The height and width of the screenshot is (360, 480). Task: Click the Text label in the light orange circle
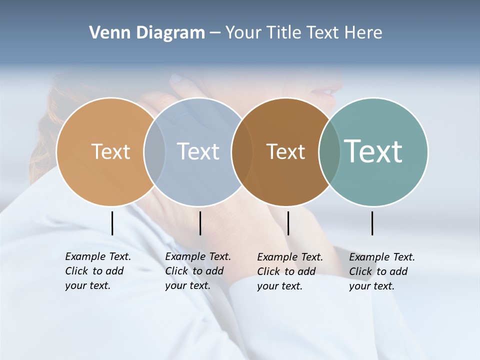click(x=110, y=151)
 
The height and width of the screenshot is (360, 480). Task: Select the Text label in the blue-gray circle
click(x=198, y=151)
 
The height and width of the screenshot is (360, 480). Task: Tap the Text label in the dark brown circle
click(x=285, y=151)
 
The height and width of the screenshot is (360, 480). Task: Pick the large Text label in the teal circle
click(x=373, y=151)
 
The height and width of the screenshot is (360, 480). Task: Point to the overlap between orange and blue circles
click(x=154, y=151)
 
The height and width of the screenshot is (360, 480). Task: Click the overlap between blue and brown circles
click(x=242, y=151)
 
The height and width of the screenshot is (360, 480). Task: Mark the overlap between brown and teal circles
click(x=329, y=151)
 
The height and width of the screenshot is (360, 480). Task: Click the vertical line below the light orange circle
click(x=112, y=223)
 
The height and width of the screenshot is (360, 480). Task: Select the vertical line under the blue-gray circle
click(x=200, y=223)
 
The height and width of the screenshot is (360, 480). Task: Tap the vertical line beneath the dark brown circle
click(x=288, y=223)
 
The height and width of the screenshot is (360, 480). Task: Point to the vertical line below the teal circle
click(x=372, y=223)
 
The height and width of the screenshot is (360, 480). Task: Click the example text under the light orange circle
click(x=97, y=271)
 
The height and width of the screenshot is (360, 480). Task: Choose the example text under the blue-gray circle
click(x=197, y=271)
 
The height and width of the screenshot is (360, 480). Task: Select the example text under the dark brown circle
click(x=289, y=271)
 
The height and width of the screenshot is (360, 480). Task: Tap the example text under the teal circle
click(x=381, y=271)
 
